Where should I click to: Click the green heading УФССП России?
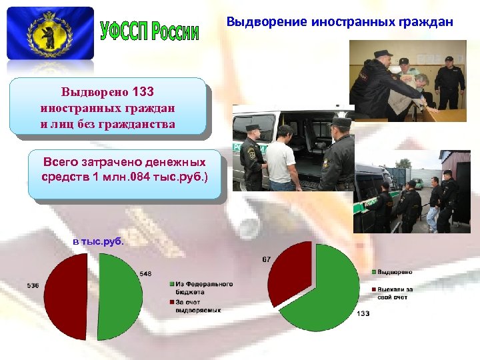pyautogui.click(x=149, y=31)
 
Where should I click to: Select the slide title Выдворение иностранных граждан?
pyautogui.click(x=339, y=21)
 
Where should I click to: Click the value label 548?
pyautogui.click(x=146, y=273)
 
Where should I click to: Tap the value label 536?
pyautogui.click(x=33, y=285)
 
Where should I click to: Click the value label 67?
pyautogui.click(x=266, y=259)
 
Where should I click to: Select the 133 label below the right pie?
pyautogui.click(x=364, y=313)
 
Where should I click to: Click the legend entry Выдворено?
pyautogui.click(x=395, y=272)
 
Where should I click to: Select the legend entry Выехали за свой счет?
pyautogui.click(x=395, y=293)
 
